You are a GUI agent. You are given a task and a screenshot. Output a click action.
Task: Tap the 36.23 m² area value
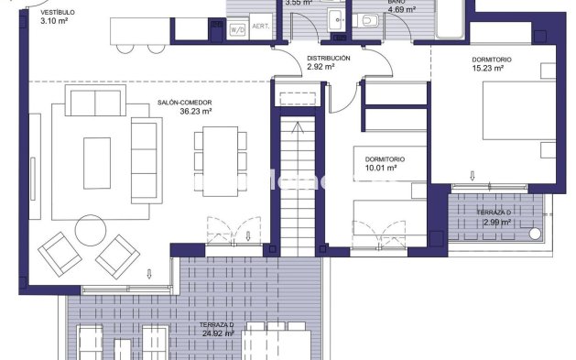coord(195,111)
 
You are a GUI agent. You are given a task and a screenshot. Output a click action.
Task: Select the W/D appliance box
coord(237,29)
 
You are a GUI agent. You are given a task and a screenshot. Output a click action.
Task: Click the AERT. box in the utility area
coord(260,27)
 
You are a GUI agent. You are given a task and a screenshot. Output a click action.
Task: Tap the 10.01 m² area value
coord(380,169)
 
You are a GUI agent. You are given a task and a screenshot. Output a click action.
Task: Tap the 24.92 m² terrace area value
coord(218,333)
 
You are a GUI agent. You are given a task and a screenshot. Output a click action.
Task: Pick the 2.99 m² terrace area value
coord(495,223)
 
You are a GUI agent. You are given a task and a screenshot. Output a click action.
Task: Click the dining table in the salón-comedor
coord(220,149)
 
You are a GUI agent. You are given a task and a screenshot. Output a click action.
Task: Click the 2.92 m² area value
coord(321,67)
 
